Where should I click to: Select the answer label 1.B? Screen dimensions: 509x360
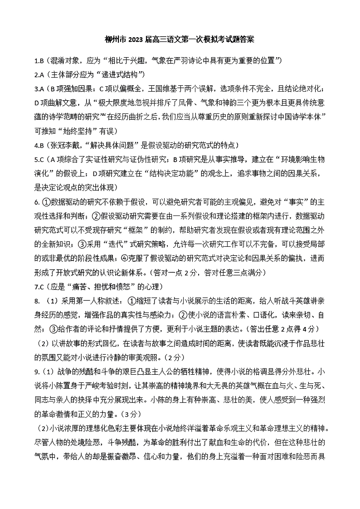coord(39,60)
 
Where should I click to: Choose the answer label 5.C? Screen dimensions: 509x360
coord(39,159)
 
